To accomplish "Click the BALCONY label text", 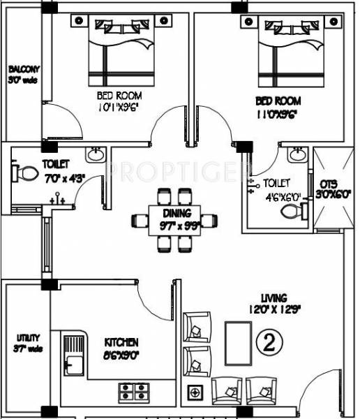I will [x=24, y=69].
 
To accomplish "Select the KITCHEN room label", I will [x=121, y=342].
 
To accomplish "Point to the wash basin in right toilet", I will [x=297, y=154].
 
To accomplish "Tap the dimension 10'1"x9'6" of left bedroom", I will [x=119, y=108].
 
